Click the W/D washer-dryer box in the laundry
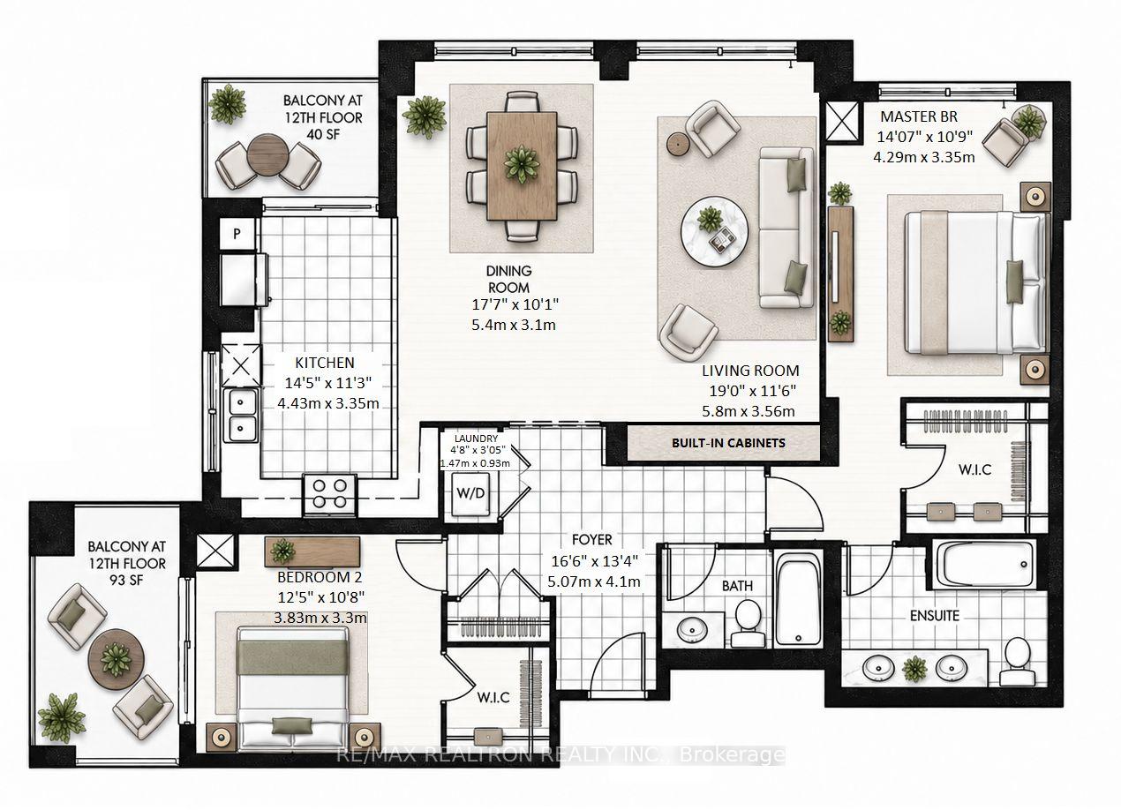point(470,494)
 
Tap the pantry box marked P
point(237,233)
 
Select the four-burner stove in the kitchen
point(330,494)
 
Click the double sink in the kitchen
point(240,416)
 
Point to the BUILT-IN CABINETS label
point(728,443)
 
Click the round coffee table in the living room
point(715,230)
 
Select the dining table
point(522,166)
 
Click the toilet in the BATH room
point(749,624)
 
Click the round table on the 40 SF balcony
point(268,155)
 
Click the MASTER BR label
point(919,116)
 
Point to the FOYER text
point(592,540)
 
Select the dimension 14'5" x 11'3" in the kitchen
point(327,383)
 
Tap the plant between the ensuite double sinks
point(914,669)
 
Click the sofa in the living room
point(786,227)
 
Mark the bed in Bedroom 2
point(293,688)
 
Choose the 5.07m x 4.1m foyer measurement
point(593,581)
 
